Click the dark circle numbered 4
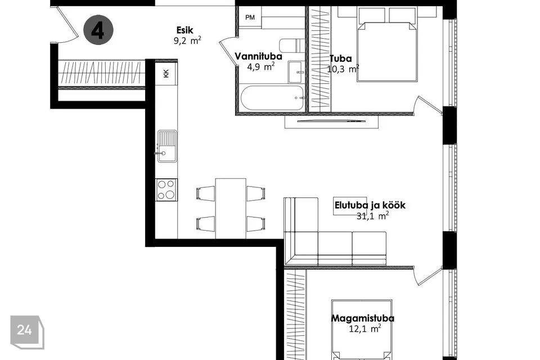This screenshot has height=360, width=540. pos(98,30)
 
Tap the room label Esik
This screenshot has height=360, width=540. pos(185,30)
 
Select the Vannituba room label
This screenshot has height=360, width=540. pos(258,56)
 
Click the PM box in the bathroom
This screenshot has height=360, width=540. pos(250,17)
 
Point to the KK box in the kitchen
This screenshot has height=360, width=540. pos(166,73)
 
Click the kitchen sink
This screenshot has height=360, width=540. pos(168,146)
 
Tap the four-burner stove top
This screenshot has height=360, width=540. pos(166,190)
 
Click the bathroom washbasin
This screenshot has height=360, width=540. pos(296,72)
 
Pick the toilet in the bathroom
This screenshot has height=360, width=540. pos(292,46)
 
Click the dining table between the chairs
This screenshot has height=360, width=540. pos(231,209)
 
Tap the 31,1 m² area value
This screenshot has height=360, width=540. pos(372,216)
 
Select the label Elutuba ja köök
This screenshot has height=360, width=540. pos(370,205)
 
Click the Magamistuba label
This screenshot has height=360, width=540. pos(363,318)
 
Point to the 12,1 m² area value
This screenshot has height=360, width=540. pos(365,328)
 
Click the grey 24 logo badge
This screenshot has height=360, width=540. pos(27,332)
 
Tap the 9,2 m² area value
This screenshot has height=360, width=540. pos(187,40)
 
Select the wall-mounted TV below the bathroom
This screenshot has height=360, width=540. pos(331,121)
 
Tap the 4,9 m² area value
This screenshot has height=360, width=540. pos(260,66)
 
